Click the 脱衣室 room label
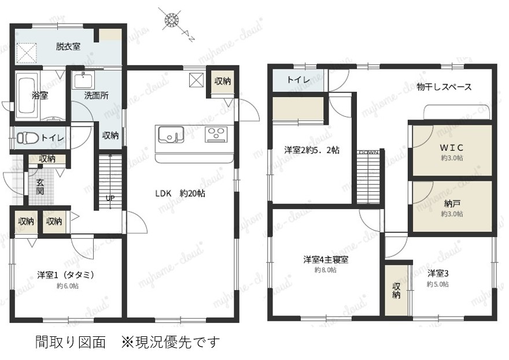[68, 46]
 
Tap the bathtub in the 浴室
[27, 95]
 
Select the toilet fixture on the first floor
[27, 138]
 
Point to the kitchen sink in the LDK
[171, 135]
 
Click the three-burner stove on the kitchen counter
[216, 134]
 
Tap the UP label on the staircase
[110, 198]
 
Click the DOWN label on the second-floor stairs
[368, 152]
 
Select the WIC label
[452, 147]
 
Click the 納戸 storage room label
[452, 203]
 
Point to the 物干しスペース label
[444, 87]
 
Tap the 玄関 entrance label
[40, 187]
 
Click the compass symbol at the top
[172, 20]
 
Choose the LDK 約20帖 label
[180, 194]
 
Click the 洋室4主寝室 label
[326, 260]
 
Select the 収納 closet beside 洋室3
[396, 290]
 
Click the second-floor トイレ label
[298, 80]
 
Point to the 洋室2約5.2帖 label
[312, 150]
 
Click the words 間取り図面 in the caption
[71, 342]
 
